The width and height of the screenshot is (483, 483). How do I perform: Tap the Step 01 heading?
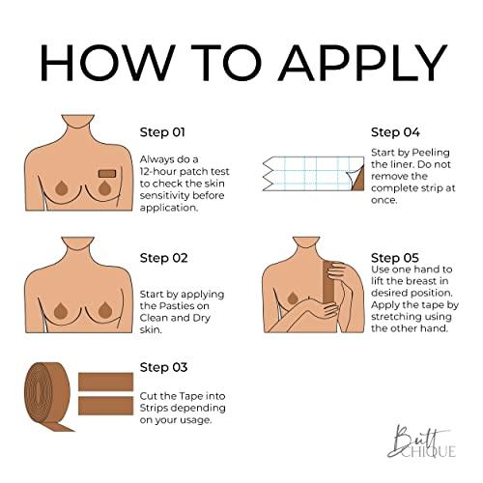162,132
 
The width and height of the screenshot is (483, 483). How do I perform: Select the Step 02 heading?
163,258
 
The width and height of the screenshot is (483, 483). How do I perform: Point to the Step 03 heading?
162,367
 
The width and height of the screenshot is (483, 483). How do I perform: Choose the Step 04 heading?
393,132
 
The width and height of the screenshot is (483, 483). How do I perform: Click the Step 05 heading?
394,258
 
